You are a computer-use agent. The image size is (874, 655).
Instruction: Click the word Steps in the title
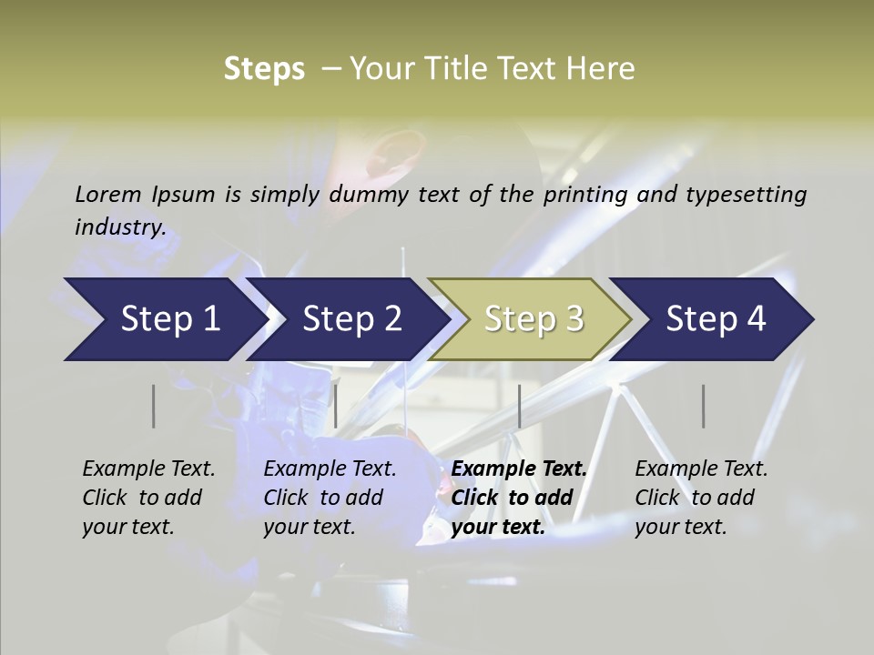click(x=264, y=69)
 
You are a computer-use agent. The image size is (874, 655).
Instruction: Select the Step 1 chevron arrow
click(x=164, y=319)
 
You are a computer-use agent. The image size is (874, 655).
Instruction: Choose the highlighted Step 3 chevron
click(x=533, y=319)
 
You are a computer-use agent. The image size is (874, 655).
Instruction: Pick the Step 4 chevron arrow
click(x=715, y=319)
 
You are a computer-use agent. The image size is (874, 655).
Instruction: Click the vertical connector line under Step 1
click(x=154, y=406)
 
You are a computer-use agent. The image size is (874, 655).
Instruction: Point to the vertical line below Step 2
click(x=336, y=406)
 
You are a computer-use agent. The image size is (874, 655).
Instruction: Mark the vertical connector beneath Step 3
click(x=519, y=406)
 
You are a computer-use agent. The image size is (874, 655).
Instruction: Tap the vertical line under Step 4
click(x=703, y=406)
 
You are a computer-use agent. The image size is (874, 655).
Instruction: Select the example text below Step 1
click(x=147, y=498)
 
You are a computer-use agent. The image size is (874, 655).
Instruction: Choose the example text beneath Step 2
click(x=329, y=498)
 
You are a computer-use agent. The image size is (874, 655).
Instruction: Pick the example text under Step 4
click(x=700, y=498)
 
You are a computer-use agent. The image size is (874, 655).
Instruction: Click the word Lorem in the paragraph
click(x=108, y=194)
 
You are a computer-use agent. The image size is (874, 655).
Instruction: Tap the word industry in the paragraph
click(x=120, y=227)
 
